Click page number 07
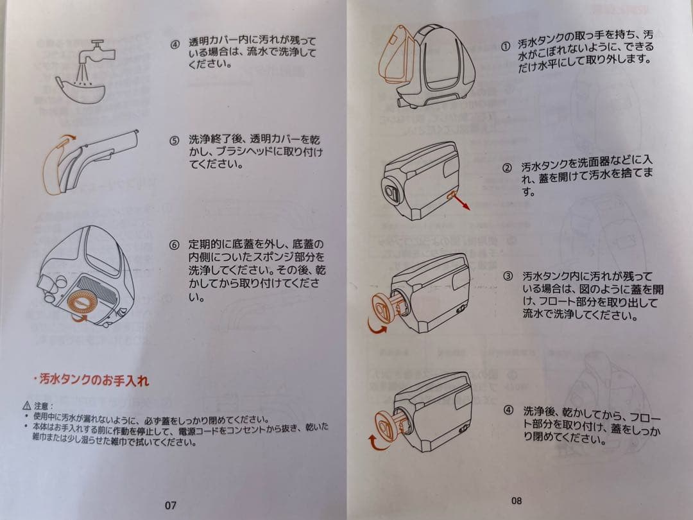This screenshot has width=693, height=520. coord(170,505)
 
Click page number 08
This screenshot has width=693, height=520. coord(517,501)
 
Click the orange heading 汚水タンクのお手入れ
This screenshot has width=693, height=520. coord(92,380)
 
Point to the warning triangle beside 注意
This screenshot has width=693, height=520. coord(26,406)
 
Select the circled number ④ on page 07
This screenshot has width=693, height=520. coord(174,45)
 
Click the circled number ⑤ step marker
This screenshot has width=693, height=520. coord(174,140)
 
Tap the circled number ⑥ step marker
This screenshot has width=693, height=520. coord(174,246)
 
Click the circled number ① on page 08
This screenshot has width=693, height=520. coord(506,46)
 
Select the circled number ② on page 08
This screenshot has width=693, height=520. coord(507,168)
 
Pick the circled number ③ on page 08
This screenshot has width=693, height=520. coord(508,276)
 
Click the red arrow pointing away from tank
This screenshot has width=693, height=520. coord(461,203)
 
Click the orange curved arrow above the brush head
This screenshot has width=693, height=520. coord(66,139)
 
